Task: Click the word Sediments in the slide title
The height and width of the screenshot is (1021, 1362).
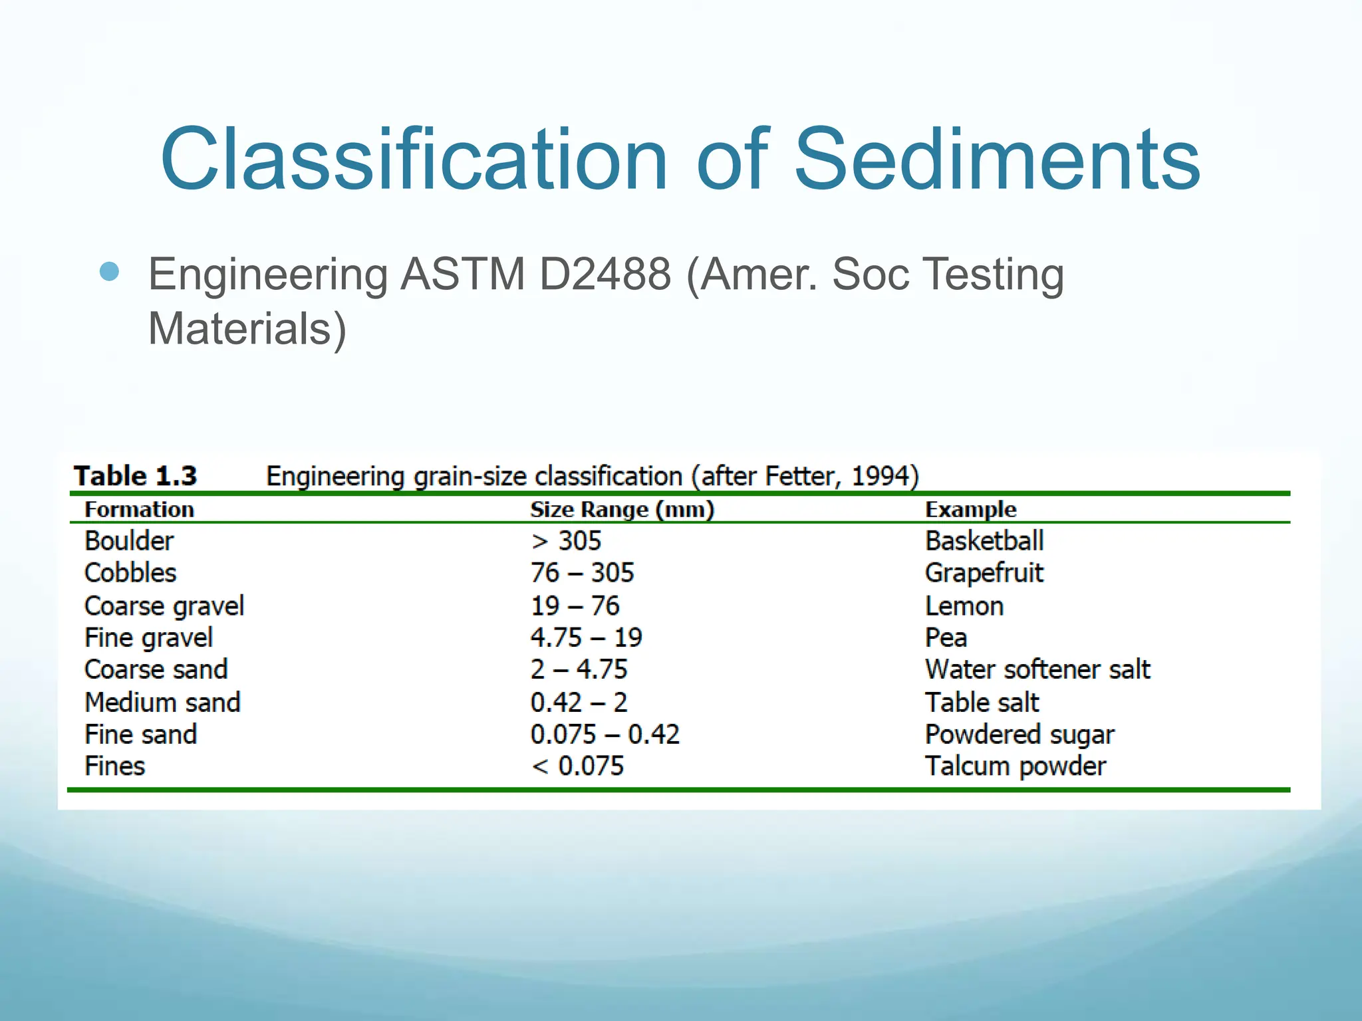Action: pyautogui.click(x=997, y=160)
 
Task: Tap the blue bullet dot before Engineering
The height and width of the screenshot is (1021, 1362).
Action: pyautogui.click(x=109, y=272)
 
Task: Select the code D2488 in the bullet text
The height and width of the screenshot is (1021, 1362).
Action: pyautogui.click(x=605, y=274)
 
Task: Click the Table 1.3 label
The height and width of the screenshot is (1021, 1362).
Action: pyautogui.click(x=136, y=476)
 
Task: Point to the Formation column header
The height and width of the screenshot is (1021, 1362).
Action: pyautogui.click(x=140, y=510)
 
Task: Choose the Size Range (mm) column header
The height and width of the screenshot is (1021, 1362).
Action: pyautogui.click(x=622, y=510)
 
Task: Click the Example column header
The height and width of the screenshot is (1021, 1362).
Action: pyautogui.click(x=971, y=510)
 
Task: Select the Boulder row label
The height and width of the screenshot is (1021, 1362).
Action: pyautogui.click(x=129, y=541)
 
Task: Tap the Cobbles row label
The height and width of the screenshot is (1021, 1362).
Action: pyautogui.click(x=130, y=573)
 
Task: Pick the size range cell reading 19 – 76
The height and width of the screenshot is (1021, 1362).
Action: pyautogui.click(x=575, y=606)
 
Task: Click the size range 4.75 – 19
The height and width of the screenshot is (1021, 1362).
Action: pyautogui.click(x=586, y=637)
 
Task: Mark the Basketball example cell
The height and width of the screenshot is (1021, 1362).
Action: pyautogui.click(x=984, y=541)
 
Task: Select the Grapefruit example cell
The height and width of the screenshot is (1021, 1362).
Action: pyautogui.click(x=984, y=573)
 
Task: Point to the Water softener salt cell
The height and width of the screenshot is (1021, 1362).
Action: pyautogui.click(x=1037, y=669)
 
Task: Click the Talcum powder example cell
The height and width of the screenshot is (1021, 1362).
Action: pyautogui.click(x=1016, y=766)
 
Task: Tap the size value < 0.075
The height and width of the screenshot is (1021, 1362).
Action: pyautogui.click(x=577, y=766)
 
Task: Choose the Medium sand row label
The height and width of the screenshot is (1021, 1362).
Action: pyautogui.click(x=162, y=703)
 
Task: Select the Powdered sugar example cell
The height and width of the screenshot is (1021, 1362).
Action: pyautogui.click(x=1020, y=735)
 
